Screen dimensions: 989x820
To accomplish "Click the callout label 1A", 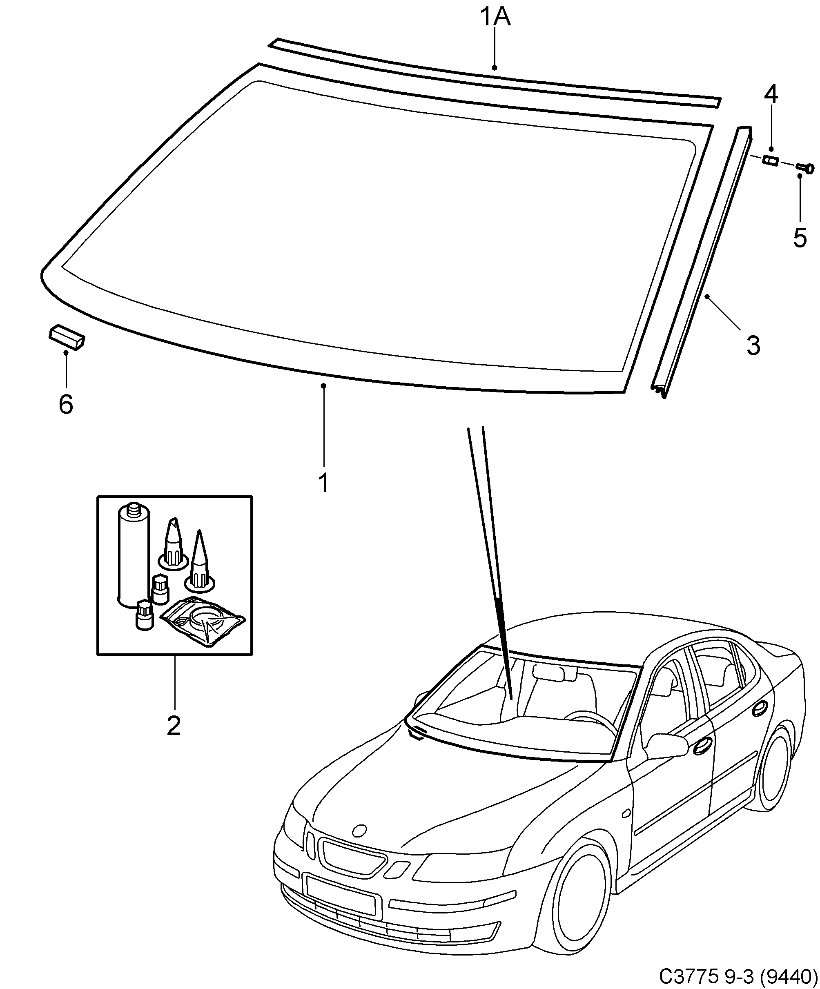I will point(495,18).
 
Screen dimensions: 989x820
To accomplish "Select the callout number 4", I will point(771,94).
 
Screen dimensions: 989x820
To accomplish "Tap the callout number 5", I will point(800,238).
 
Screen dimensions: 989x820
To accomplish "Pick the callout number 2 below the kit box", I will point(174,726).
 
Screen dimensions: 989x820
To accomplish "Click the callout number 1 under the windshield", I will point(323,483).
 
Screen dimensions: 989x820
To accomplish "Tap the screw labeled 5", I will point(805,168).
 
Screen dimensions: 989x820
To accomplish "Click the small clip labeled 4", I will point(771,161).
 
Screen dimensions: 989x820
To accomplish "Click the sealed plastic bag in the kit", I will point(203,621).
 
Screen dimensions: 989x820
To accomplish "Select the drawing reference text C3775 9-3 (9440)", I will point(738,976).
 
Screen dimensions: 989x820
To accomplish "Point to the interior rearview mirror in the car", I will point(549,673).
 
